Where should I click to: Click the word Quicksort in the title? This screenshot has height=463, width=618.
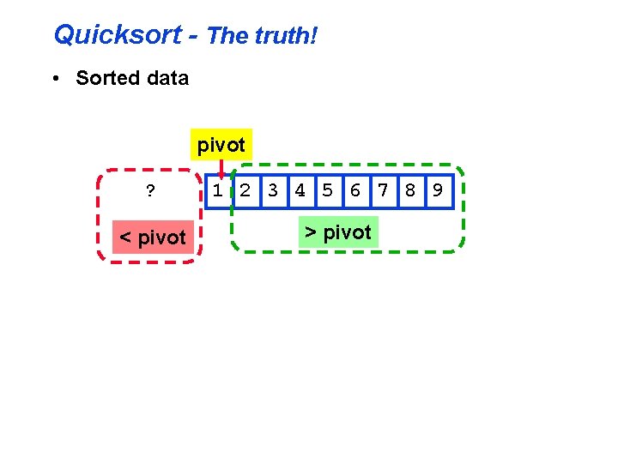[x=118, y=35]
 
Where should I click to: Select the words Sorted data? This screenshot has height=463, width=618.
[x=132, y=78]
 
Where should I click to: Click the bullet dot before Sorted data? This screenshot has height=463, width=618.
[x=55, y=79]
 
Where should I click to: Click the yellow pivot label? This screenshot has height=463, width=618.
[x=221, y=146]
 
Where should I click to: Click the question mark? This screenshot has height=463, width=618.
[x=150, y=190]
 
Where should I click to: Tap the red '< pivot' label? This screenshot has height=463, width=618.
[x=152, y=237]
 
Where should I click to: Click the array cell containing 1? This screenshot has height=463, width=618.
[x=219, y=190]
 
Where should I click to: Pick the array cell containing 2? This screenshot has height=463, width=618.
[x=245, y=190]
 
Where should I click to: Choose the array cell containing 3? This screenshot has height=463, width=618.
[x=273, y=190]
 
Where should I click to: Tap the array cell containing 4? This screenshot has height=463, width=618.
[x=300, y=190]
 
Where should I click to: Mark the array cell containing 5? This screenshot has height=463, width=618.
[x=327, y=190]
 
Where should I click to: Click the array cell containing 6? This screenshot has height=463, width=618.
[x=354, y=190]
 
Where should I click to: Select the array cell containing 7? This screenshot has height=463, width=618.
[x=383, y=190]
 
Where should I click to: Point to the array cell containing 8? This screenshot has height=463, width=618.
[x=410, y=190]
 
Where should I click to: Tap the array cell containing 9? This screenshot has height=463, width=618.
[x=437, y=190]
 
